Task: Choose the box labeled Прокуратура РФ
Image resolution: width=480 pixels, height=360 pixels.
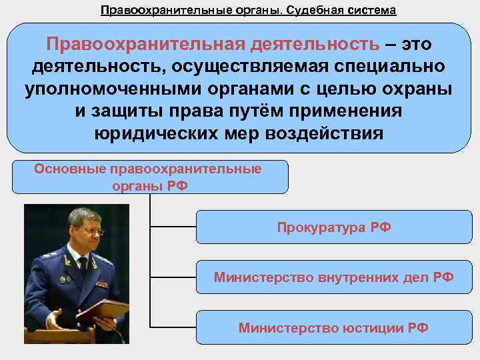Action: point(334,228)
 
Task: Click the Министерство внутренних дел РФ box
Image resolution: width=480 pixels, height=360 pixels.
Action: point(334,277)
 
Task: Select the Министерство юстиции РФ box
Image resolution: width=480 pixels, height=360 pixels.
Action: point(334,327)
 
